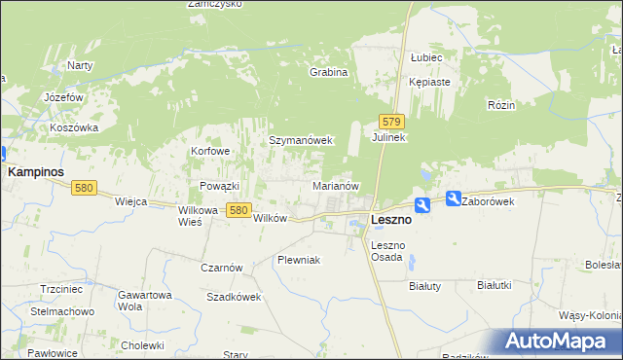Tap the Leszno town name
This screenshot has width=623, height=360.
point(391,220)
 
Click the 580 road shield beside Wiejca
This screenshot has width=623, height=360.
point(83,188)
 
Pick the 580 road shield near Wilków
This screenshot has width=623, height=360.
point(238,209)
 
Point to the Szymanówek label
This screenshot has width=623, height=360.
point(301,140)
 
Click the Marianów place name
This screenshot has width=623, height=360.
point(337,185)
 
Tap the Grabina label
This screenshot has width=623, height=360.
point(328,72)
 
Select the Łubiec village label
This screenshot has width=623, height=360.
point(426,58)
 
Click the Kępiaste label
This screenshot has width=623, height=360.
point(429,82)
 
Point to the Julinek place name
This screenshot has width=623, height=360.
point(388,138)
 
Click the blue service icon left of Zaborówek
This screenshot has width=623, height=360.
point(454,198)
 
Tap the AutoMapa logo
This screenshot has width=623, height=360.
point(559,342)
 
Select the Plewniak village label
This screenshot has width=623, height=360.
point(298,260)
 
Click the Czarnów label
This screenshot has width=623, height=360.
point(221,268)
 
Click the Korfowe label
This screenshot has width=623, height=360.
point(210,152)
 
